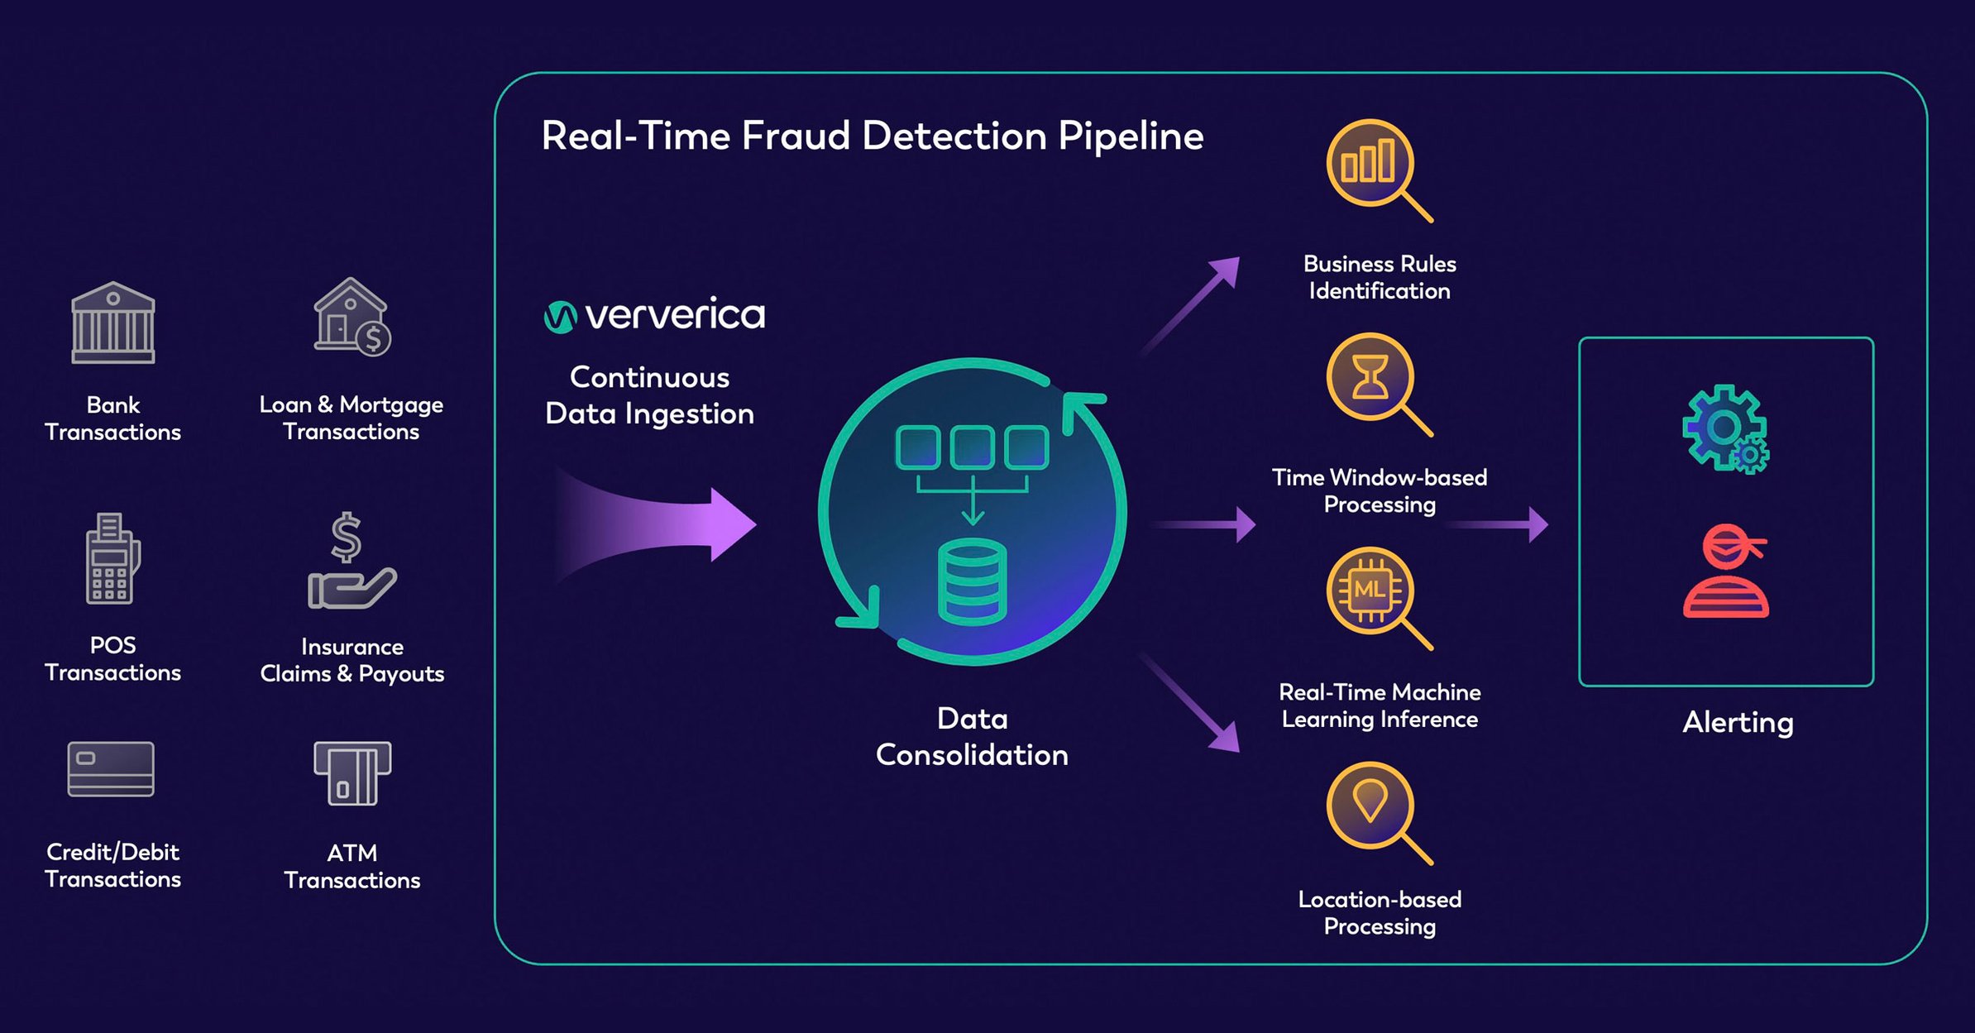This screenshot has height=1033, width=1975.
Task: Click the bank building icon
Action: pyautogui.click(x=113, y=323)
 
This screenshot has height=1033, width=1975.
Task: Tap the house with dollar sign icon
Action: pyautogui.click(x=351, y=318)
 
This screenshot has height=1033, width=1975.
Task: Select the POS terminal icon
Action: pyautogui.click(x=112, y=560)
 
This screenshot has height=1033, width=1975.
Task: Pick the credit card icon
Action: pyautogui.click(x=111, y=769)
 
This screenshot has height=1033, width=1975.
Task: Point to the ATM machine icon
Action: pyautogui.click(x=352, y=773)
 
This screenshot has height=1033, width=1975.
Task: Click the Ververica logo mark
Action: pyautogui.click(x=560, y=317)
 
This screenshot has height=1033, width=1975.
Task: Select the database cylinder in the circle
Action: pyautogui.click(x=972, y=581)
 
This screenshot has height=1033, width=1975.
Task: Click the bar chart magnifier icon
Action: pyautogui.click(x=1373, y=165)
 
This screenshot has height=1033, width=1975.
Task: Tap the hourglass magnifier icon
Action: pyautogui.click(x=1373, y=380)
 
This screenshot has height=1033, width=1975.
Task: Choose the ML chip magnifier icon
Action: pyautogui.click(x=1373, y=593)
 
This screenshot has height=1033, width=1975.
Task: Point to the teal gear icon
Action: pyautogui.click(x=1725, y=429)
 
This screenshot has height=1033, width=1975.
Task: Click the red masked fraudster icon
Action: pyautogui.click(x=1726, y=571)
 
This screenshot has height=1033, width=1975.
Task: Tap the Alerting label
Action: pyautogui.click(x=1738, y=723)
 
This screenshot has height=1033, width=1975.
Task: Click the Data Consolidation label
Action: pyautogui.click(x=972, y=737)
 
